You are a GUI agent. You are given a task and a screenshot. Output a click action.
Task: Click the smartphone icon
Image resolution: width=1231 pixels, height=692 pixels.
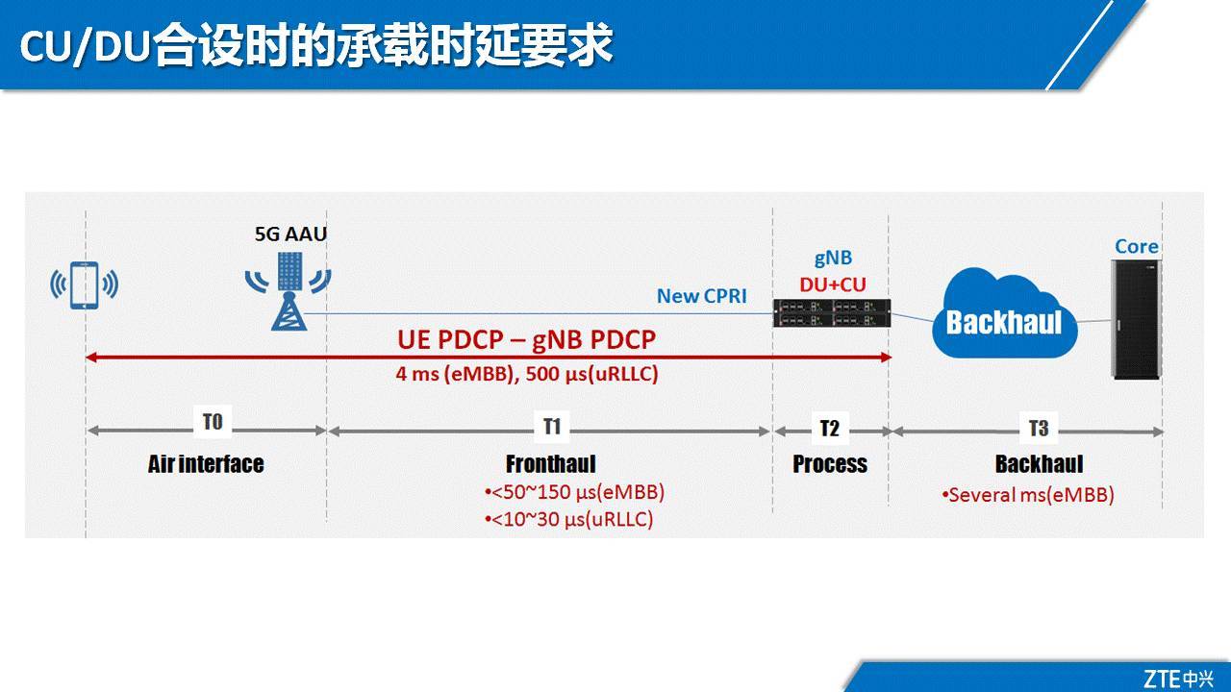click(85, 284)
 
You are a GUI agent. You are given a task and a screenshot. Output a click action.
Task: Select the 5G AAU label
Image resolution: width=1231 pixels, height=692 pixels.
click(284, 234)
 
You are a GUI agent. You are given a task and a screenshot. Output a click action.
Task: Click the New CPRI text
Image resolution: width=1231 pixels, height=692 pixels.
click(701, 296)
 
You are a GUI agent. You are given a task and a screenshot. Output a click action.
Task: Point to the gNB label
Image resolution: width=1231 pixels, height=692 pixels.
click(833, 259)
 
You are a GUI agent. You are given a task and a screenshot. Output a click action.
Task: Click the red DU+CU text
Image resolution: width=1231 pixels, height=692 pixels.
click(833, 284)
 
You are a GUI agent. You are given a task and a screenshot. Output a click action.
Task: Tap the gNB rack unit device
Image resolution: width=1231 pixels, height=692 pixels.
click(833, 312)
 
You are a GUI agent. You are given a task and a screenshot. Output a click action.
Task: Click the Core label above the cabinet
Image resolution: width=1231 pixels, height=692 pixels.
click(1136, 247)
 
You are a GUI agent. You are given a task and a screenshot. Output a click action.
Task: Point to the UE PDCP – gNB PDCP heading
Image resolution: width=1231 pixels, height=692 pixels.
click(526, 340)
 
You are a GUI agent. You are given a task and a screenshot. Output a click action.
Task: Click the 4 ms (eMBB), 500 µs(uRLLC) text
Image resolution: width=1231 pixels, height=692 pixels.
click(526, 374)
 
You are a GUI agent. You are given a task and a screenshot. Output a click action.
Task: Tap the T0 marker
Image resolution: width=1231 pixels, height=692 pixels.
click(213, 423)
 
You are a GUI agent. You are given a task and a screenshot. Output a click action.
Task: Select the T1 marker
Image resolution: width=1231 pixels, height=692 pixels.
click(552, 425)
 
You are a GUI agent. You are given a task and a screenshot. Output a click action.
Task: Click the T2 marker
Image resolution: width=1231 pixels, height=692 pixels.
click(829, 429)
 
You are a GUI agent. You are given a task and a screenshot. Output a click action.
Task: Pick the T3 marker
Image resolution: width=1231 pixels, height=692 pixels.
click(1039, 428)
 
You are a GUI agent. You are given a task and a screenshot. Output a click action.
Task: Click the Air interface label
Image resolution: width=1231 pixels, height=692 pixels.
click(206, 464)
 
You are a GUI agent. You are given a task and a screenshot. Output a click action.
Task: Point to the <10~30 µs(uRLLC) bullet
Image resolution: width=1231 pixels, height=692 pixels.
click(568, 519)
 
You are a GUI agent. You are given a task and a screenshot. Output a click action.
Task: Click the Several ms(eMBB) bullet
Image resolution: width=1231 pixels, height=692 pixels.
click(1027, 496)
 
